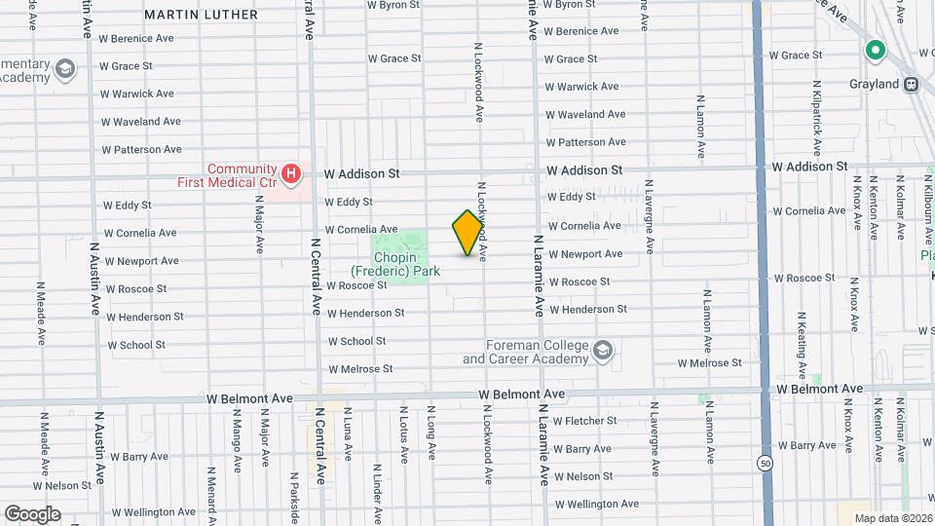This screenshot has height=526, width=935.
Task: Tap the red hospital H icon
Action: (x=289, y=174)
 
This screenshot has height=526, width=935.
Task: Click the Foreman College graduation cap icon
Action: (x=604, y=351)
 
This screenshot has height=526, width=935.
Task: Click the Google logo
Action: (x=32, y=513)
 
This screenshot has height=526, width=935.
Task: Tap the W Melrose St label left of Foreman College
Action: (x=360, y=369)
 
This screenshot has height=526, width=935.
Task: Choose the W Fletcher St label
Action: (x=585, y=421)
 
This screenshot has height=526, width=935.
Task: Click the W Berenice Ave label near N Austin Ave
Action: (x=136, y=39)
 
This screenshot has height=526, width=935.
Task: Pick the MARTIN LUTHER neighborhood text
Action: (x=201, y=15)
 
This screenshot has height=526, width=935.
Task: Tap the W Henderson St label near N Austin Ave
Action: (x=145, y=317)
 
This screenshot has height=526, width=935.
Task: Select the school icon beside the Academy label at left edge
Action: (x=65, y=69)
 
